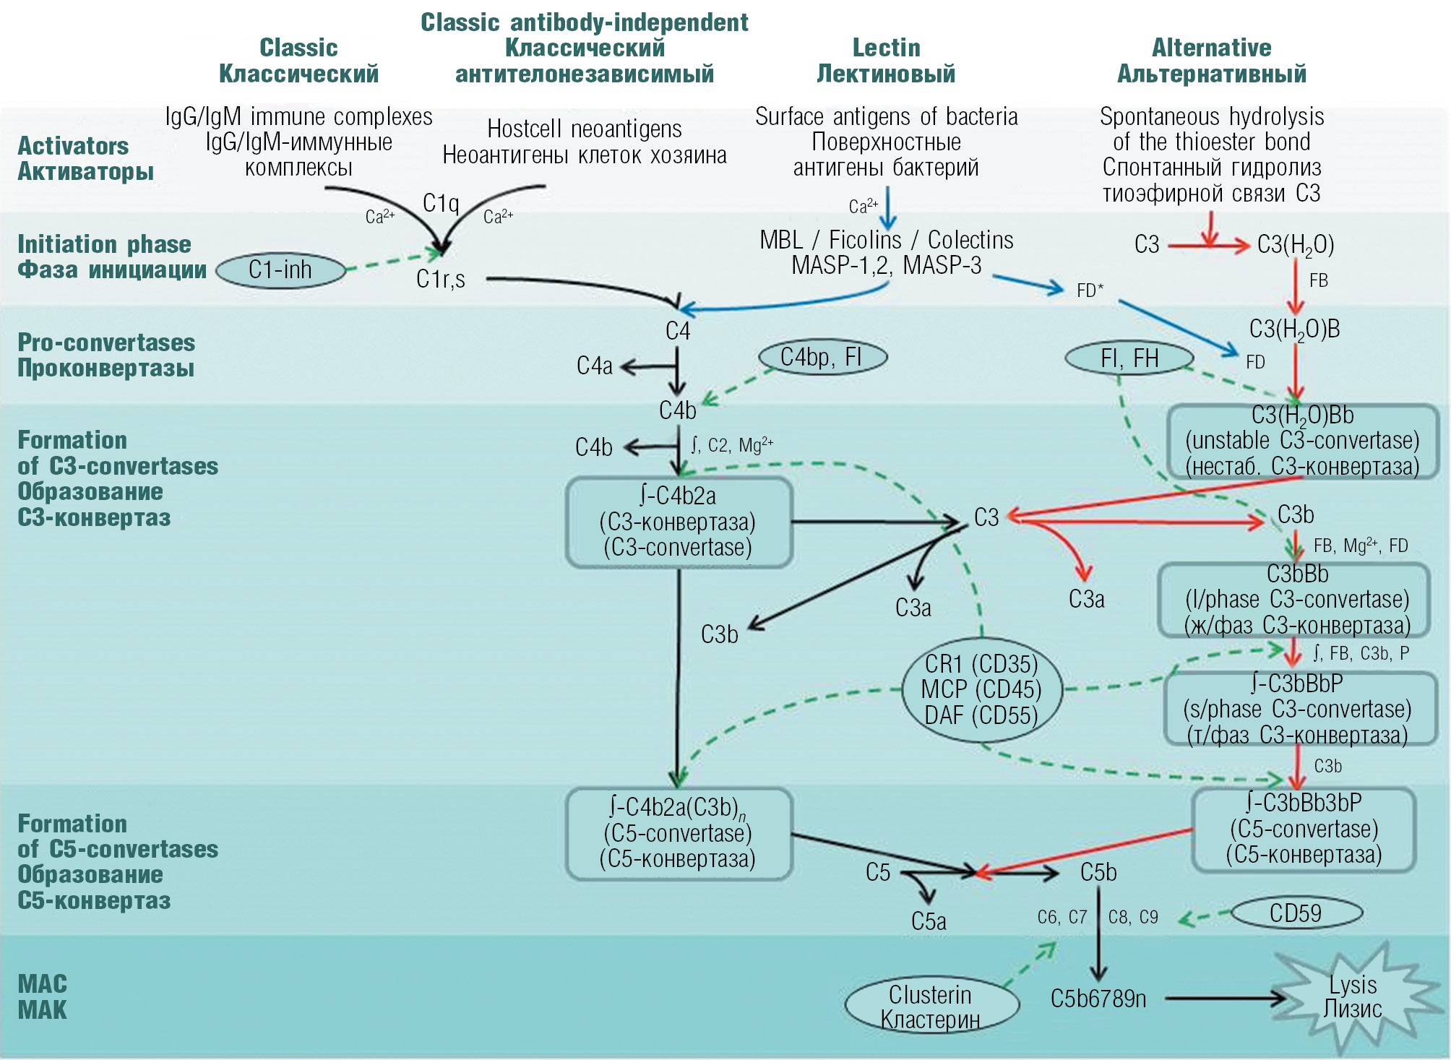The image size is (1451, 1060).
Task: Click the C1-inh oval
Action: [280, 271]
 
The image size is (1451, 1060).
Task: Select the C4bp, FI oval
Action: [822, 357]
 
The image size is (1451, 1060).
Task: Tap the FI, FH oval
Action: [1129, 358]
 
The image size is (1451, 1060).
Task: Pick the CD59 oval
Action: [1296, 913]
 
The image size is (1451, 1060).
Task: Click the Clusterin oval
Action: [931, 1007]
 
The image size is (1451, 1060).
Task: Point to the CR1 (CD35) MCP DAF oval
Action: [981, 689]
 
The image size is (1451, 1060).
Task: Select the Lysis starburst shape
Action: [1351, 997]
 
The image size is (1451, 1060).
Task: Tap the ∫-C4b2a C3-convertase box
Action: [679, 522]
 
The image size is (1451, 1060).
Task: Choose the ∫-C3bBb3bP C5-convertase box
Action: [1304, 829]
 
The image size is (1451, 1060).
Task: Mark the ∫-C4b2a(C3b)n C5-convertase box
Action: [679, 833]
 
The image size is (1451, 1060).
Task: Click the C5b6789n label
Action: [1098, 999]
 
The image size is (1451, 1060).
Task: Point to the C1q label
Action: [441, 203]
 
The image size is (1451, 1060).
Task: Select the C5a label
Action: [929, 921]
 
